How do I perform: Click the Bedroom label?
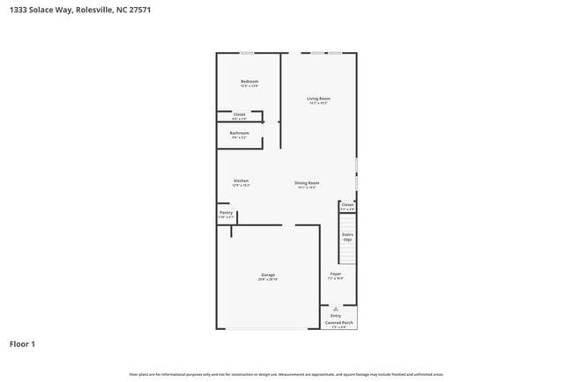[249, 82]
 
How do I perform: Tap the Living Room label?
[318, 98]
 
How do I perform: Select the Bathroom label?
[239, 133]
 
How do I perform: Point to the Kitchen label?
[241, 181]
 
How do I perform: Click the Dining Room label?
[307, 182]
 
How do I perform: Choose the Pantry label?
[226, 212]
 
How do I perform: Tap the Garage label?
[268, 275]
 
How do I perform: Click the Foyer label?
[336, 275]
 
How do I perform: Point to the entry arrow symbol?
[336, 309]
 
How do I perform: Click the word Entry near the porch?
[336, 315]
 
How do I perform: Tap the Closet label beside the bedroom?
[239, 114]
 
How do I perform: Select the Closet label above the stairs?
[347, 205]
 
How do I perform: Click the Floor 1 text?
[22, 343]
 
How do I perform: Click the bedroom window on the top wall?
[249, 53]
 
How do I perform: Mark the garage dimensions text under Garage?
[268, 279]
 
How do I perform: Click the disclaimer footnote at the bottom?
[286, 374]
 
